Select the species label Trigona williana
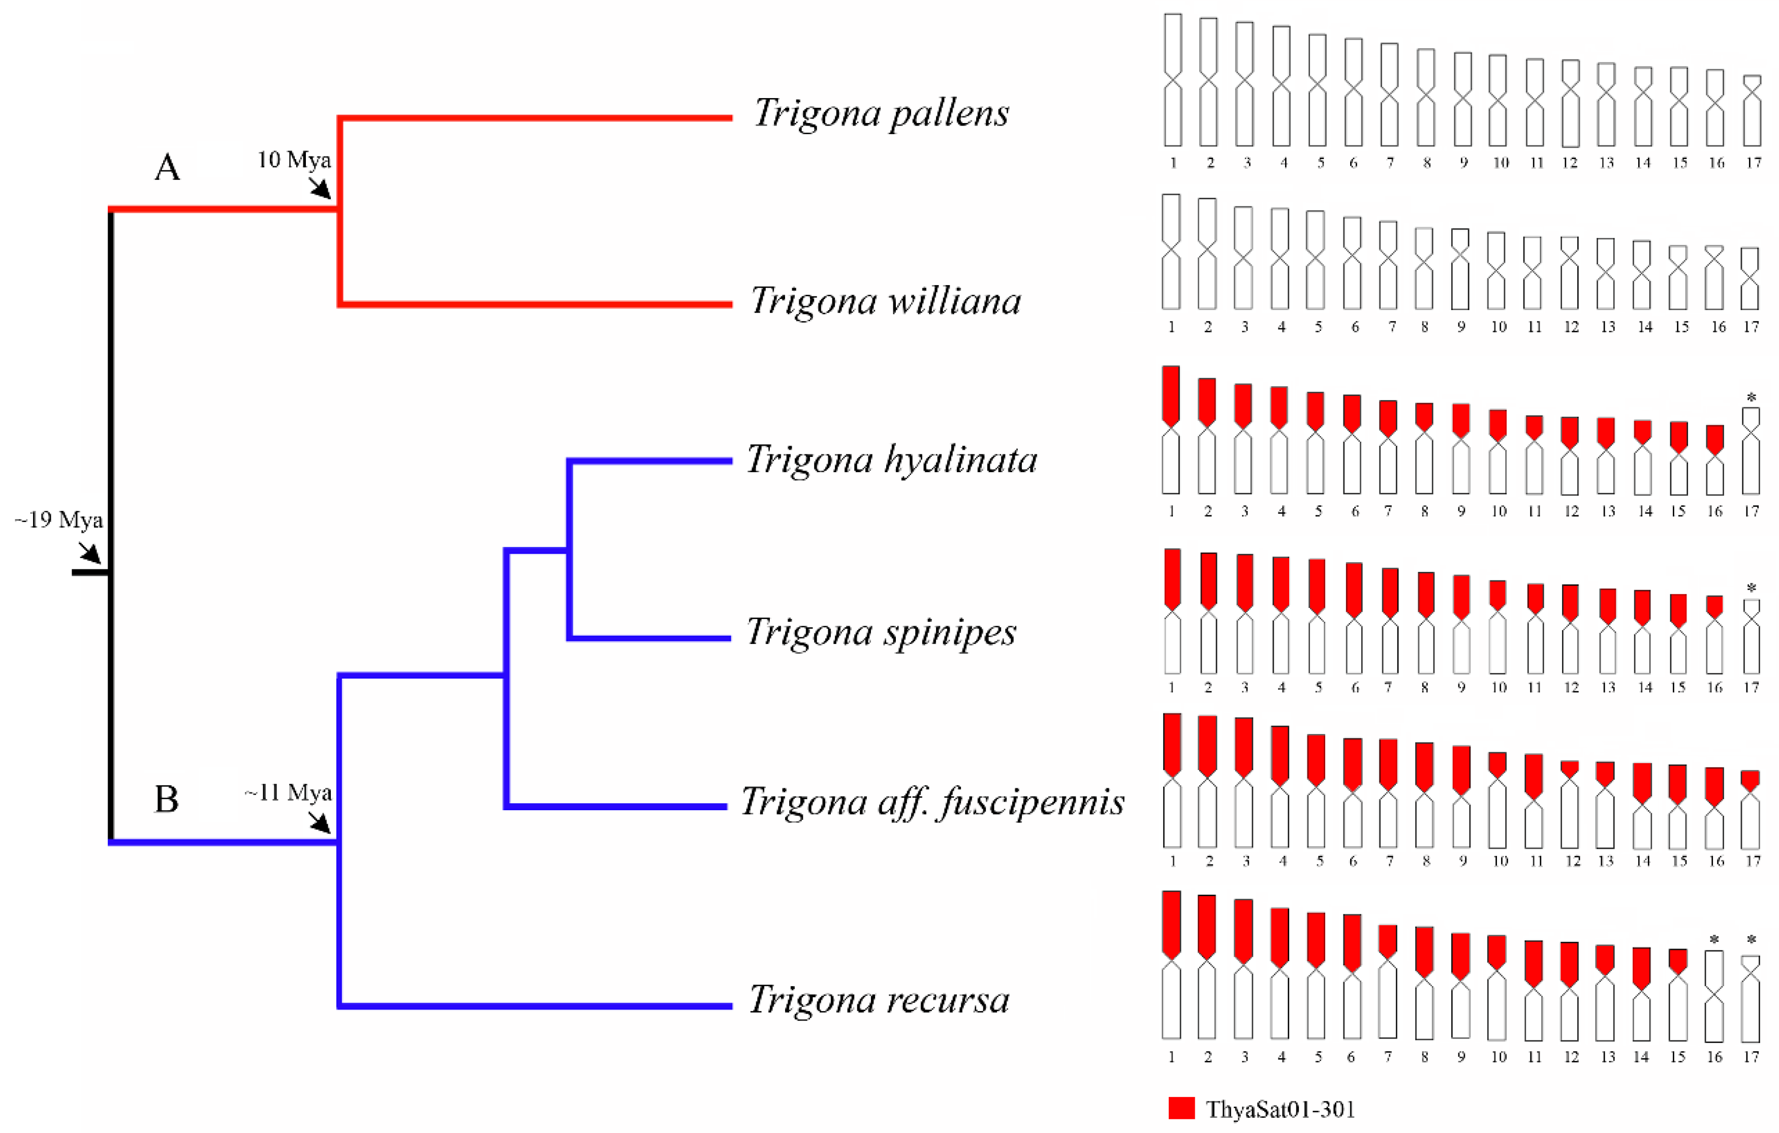point(885,301)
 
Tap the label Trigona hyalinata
point(891,460)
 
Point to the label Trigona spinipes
point(881,632)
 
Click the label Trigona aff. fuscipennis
point(932,803)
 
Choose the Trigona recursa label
point(879,999)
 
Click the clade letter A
point(167,168)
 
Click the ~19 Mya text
point(59,520)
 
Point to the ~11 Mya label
point(288,793)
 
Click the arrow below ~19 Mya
point(89,552)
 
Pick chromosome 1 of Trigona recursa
point(1171,964)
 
